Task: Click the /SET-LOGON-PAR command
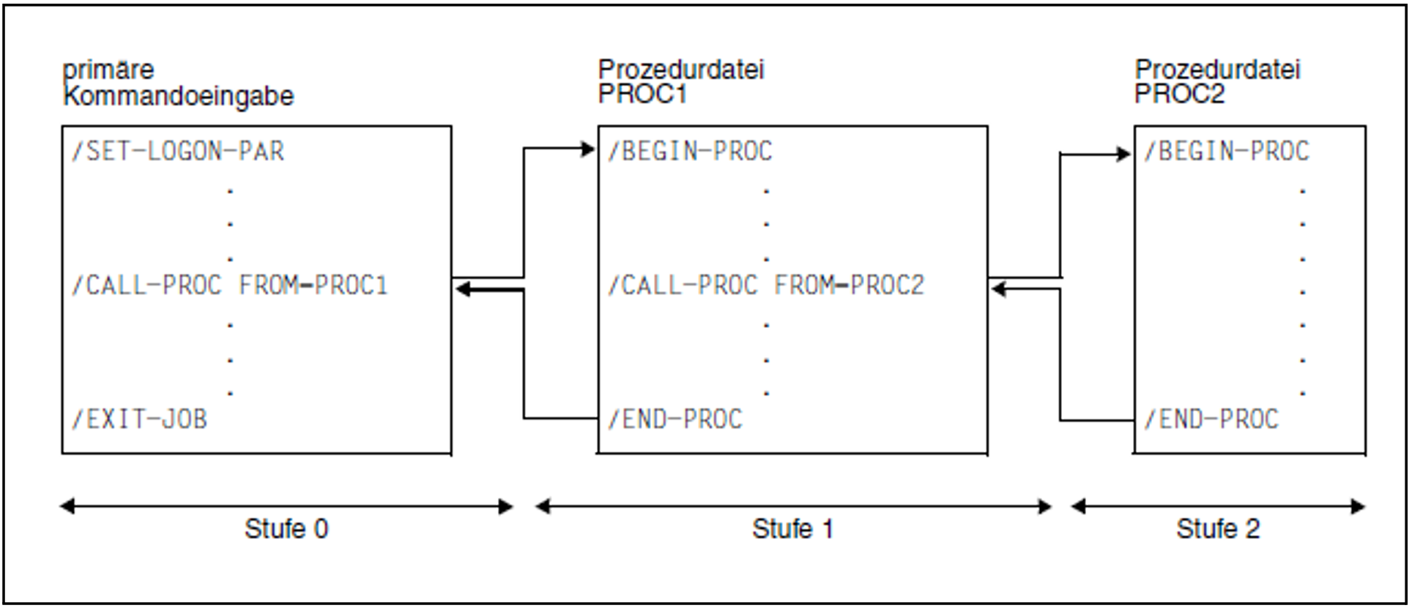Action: point(178,152)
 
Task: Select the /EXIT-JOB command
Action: point(139,419)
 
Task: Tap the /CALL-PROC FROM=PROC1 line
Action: point(229,285)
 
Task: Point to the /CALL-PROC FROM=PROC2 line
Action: point(766,285)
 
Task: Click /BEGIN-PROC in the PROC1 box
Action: point(690,152)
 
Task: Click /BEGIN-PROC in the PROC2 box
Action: point(1227,152)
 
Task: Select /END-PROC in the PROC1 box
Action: point(675,419)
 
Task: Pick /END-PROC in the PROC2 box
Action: point(1211,419)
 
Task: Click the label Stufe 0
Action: point(286,529)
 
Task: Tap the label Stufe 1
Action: point(792,529)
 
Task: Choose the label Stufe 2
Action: point(1218,529)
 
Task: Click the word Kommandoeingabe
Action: point(179,96)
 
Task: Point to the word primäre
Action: point(108,70)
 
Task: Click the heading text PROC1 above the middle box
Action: point(642,94)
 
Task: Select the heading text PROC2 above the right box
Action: point(1179,94)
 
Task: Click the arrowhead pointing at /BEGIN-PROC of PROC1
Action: point(588,149)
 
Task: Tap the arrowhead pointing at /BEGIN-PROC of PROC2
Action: point(1124,154)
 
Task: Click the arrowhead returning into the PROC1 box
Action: point(999,289)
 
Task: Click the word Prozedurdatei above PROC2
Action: point(1217,70)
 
